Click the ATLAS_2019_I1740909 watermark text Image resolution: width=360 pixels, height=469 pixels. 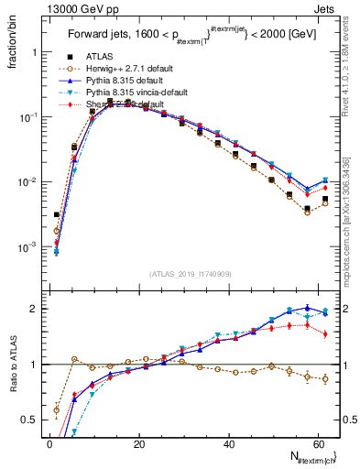[x=189, y=274]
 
